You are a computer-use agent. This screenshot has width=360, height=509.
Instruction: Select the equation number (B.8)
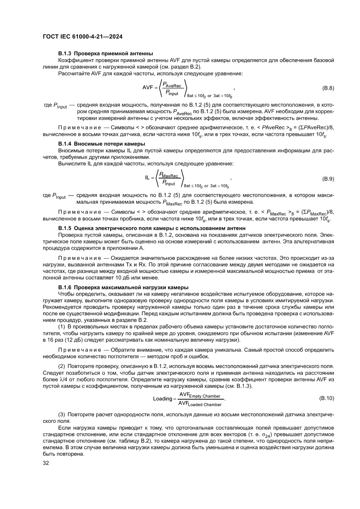point(328,88)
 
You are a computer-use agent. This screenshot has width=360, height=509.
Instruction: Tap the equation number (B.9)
point(328,179)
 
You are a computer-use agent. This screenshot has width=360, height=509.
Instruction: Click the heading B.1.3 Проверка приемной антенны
point(105,54)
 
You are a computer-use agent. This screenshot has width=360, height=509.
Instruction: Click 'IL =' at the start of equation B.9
point(150,178)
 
